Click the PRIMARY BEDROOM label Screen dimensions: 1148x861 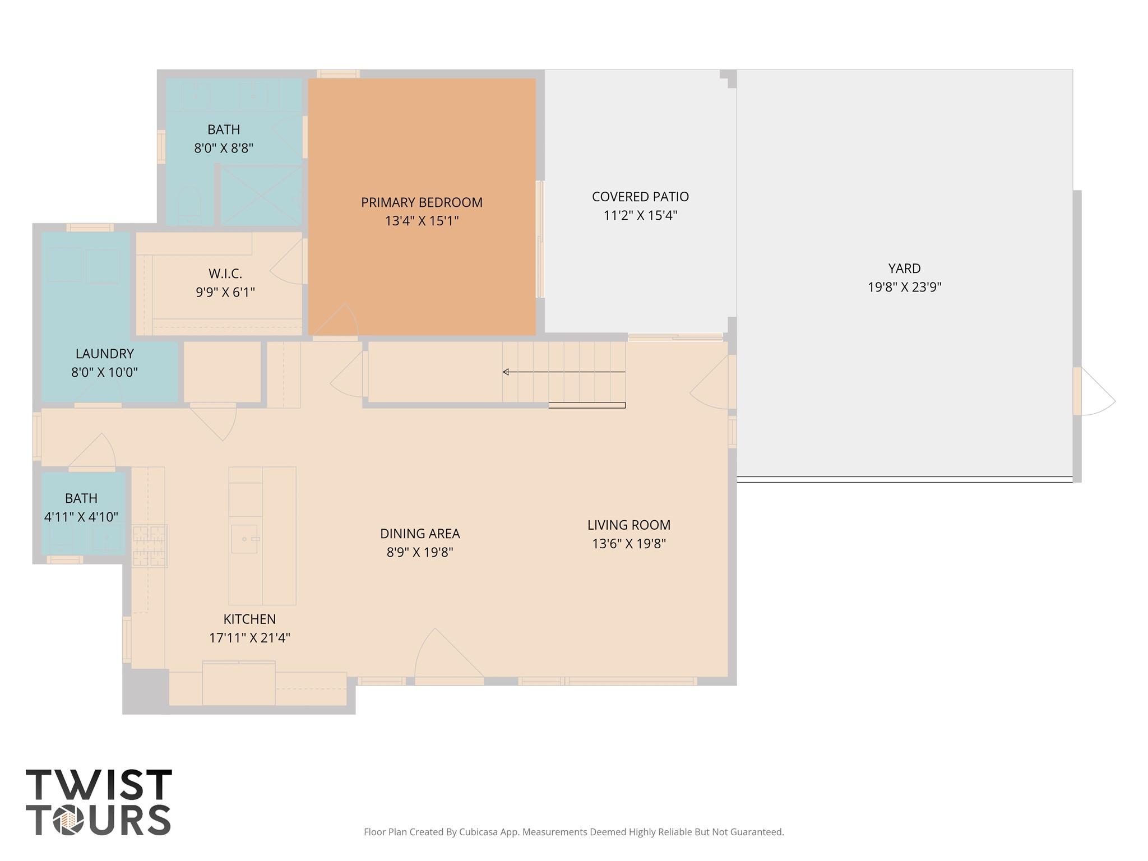(422, 202)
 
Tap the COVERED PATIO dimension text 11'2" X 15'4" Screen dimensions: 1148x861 (640, 215)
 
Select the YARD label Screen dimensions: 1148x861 (904, 269)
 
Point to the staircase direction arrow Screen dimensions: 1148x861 (564, 372)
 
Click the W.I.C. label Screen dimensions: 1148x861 (225, 274)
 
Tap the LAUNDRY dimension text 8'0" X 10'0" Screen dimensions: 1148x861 (104, 372)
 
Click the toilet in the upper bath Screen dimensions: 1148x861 (189, 206)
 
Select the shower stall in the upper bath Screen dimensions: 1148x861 (261, 196)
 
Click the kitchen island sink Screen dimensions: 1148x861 (245, 539)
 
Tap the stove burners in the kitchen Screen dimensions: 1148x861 (150, 546)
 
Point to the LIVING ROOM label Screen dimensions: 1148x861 (629, 525)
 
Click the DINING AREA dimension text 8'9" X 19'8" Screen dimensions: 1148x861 (420, 552)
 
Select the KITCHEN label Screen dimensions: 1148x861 (249, 619)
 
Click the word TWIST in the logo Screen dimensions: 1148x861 (99, 785)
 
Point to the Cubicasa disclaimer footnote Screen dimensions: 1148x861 (573, 832)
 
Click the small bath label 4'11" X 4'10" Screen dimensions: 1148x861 (81, 517)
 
